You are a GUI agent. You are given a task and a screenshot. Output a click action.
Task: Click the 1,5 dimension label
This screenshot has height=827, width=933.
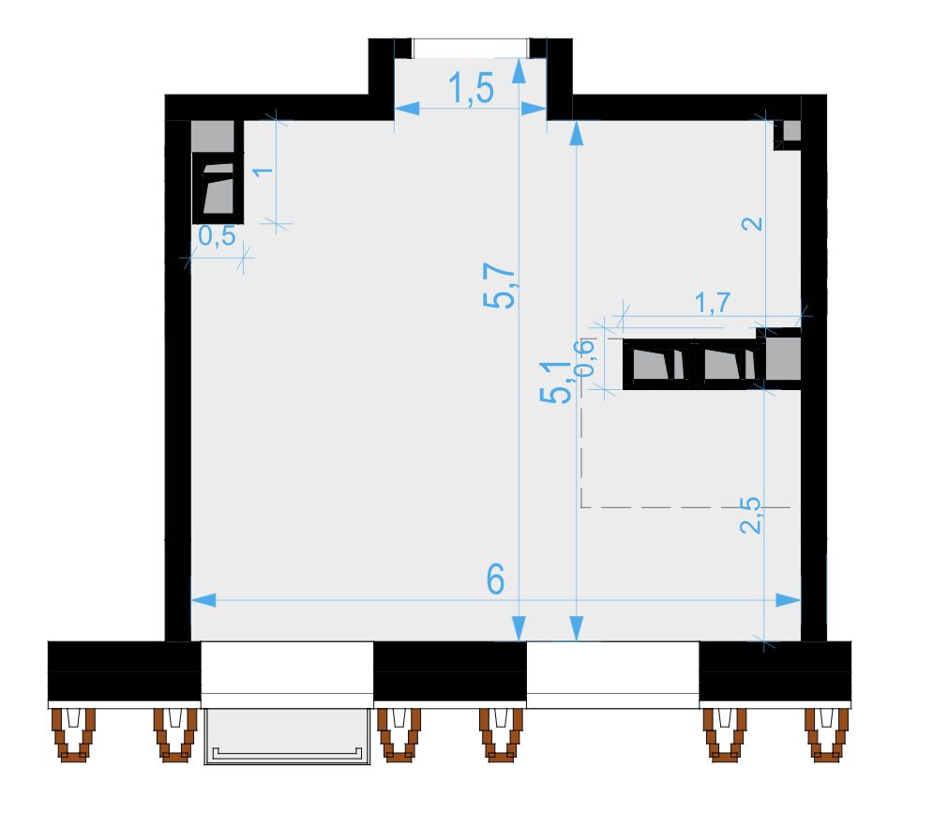point(471,89)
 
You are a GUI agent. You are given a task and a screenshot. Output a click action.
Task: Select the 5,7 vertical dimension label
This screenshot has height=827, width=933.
point(499,286)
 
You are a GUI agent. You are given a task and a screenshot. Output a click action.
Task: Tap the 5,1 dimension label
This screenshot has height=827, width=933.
point(556,382)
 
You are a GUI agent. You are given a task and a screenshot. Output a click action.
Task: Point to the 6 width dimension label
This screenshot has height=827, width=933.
point(496,579)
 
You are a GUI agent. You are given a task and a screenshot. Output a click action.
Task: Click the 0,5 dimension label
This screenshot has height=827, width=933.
point(217,236)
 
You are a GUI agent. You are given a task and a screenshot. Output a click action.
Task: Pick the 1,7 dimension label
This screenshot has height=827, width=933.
point(713,303)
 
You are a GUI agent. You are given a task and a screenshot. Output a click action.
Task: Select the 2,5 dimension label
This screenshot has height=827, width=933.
point(751,516)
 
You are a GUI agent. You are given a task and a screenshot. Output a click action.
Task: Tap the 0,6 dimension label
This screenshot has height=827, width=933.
point(583,357)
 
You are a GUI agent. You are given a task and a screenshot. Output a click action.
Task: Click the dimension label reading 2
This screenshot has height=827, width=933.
point(753,224)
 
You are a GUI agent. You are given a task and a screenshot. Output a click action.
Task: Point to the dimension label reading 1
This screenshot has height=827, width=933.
point(263,172)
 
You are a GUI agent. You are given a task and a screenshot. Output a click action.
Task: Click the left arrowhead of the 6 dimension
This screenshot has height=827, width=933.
point(203,600)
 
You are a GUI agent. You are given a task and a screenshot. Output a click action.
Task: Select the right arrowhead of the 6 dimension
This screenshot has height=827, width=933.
point(788,600)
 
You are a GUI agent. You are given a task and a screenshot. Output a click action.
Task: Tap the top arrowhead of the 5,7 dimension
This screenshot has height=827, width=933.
point(519,70)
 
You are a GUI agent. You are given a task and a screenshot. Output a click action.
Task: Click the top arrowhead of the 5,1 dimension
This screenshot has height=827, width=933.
point(576,133)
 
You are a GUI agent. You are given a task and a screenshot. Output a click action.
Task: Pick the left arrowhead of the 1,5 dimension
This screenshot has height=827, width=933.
point(407,108)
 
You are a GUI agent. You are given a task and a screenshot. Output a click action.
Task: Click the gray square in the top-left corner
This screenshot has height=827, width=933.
point(213,136)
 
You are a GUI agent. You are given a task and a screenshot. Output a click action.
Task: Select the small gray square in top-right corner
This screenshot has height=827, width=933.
point(792,130)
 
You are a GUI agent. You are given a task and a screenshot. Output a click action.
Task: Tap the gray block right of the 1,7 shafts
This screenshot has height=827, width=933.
point(783,359)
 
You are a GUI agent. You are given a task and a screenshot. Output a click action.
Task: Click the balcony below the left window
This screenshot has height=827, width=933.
point(287,737)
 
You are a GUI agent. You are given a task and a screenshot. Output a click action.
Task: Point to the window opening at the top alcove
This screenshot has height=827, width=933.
point(470,48)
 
